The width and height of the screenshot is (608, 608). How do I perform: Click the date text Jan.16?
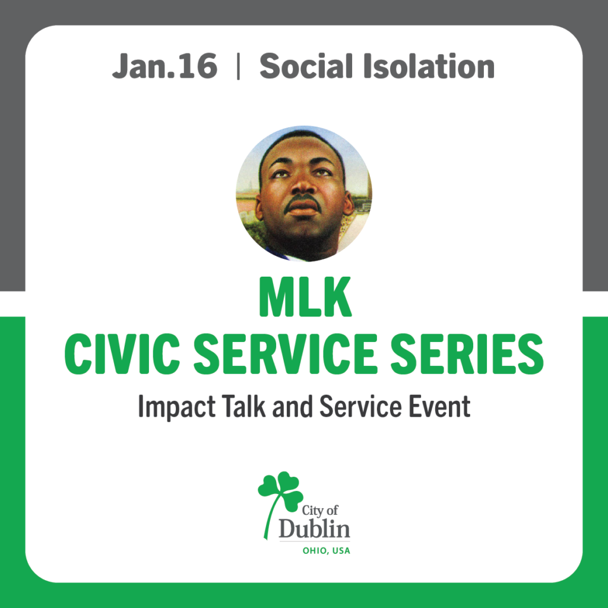tap(164, 66)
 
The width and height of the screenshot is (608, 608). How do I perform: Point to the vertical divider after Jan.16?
tap(238, 67)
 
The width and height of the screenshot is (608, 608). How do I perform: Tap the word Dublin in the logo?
tap(315, 529)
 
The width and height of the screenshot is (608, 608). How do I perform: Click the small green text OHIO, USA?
tap(326, 550)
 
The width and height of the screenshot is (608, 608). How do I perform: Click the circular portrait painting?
tap(304, 194)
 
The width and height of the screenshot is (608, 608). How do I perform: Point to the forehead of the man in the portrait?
tap(300, 151)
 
